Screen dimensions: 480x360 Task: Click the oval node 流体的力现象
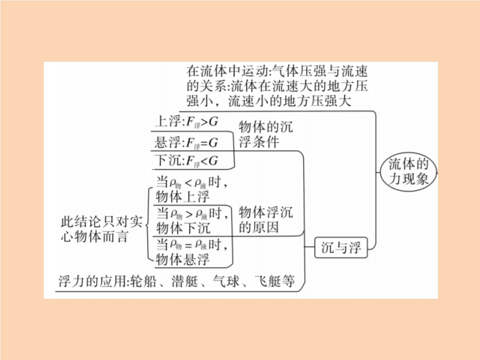[x=409, y=172]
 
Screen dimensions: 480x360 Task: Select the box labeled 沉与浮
[x=341, y=247]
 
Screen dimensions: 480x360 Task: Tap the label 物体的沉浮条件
[x=266, y=134]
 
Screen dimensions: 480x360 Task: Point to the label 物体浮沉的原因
[x=266, y=220]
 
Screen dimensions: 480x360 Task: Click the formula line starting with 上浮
[x=187, y=122]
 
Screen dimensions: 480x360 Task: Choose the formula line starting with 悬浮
[x=187, y=143]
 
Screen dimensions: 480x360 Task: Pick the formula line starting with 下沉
[x=187, y=161]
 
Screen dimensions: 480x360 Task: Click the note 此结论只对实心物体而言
[x=101, y=229]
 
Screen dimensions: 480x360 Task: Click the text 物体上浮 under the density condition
[x=183, y=197]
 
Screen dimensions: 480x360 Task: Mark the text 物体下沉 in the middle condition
[x=183, y=228]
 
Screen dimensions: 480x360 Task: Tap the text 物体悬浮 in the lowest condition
[x=183, y=260]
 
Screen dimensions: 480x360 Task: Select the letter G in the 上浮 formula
[x=214, y=122]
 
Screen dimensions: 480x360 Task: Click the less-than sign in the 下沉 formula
[x=204, y=161]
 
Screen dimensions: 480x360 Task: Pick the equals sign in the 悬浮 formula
[x=204, y=143]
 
